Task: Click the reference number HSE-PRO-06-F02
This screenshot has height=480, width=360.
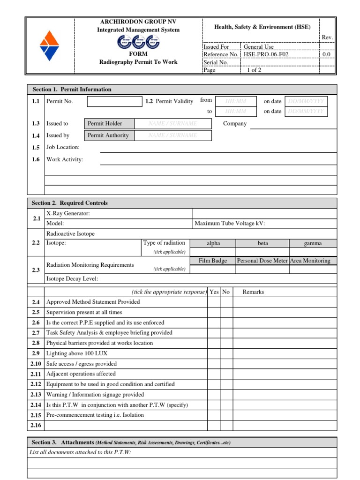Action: (266, 54)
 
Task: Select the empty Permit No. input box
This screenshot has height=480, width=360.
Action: (114, 101)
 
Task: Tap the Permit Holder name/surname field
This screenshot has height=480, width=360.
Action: (172, 124)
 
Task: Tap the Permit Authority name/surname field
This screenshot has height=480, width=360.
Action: (172, 135)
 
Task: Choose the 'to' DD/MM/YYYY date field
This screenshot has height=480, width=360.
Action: (306, 112)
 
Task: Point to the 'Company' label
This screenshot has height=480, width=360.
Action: (235, 124)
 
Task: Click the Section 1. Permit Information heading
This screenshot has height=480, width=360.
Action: (72, 90)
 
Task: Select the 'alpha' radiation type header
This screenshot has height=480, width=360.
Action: (213, 243)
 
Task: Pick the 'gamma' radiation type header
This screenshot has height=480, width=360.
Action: (313, 243)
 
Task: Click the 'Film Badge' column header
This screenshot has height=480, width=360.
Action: (213, 261)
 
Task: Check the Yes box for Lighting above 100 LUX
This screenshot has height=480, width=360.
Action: (214, 353)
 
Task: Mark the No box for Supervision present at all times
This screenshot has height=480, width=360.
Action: (226, 312)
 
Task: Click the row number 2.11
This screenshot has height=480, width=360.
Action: (36, 374)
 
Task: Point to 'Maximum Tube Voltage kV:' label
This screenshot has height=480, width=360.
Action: (230, 224)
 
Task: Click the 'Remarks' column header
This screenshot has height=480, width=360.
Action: (253, 292)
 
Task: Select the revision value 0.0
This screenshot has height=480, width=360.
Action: (326, 54)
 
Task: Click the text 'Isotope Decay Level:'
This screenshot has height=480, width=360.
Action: (72, 279)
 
